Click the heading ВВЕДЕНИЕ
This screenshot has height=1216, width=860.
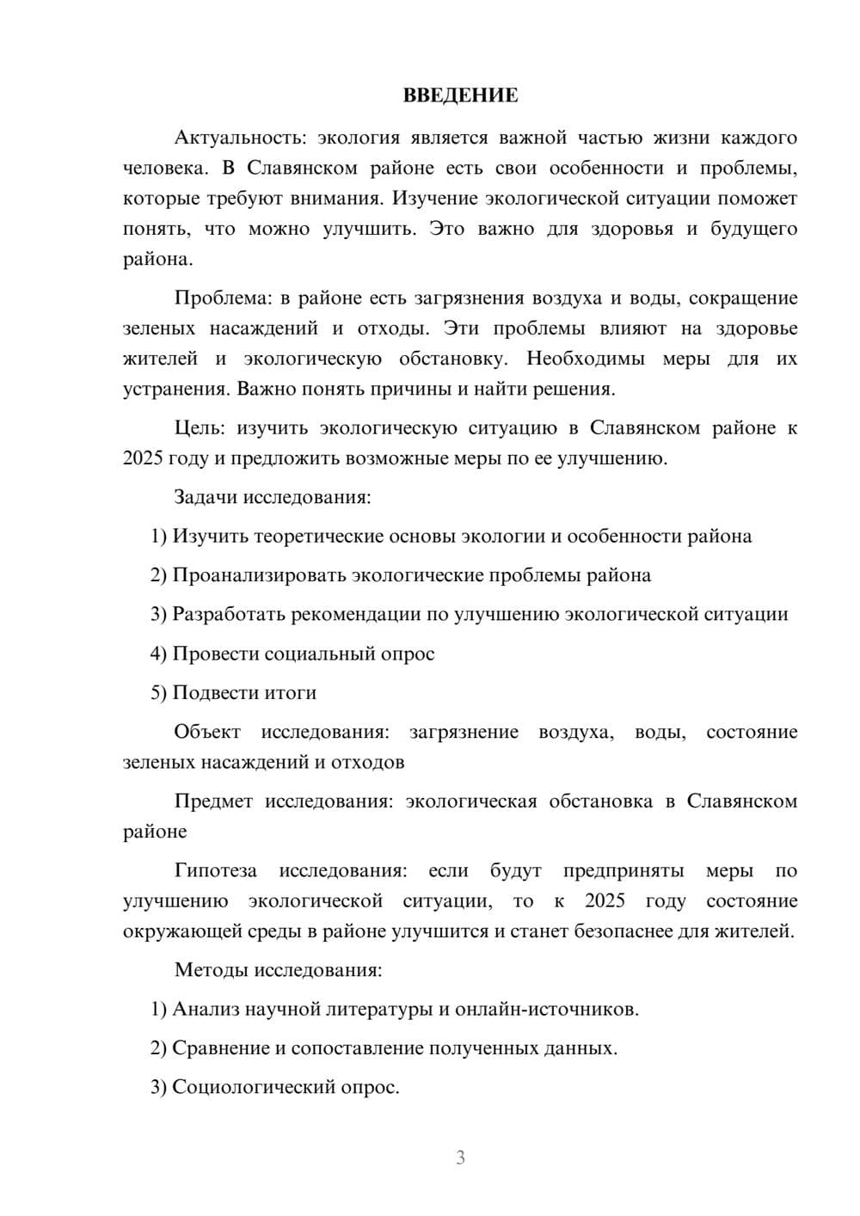(x=460, y=95)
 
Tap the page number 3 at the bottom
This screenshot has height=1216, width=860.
(x=460, y=1158)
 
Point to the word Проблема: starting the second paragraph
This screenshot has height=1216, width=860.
(x=223, y=298)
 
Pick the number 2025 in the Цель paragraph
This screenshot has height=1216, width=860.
(x=143, y=458)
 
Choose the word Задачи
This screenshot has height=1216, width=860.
(x=206, y=497)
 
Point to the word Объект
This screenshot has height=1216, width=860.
(x=207, y=732)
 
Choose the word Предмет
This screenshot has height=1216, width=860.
(x=213, y=801)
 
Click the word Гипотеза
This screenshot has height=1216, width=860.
(x=215, y=871)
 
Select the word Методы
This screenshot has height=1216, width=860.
(x=212, y=970)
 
